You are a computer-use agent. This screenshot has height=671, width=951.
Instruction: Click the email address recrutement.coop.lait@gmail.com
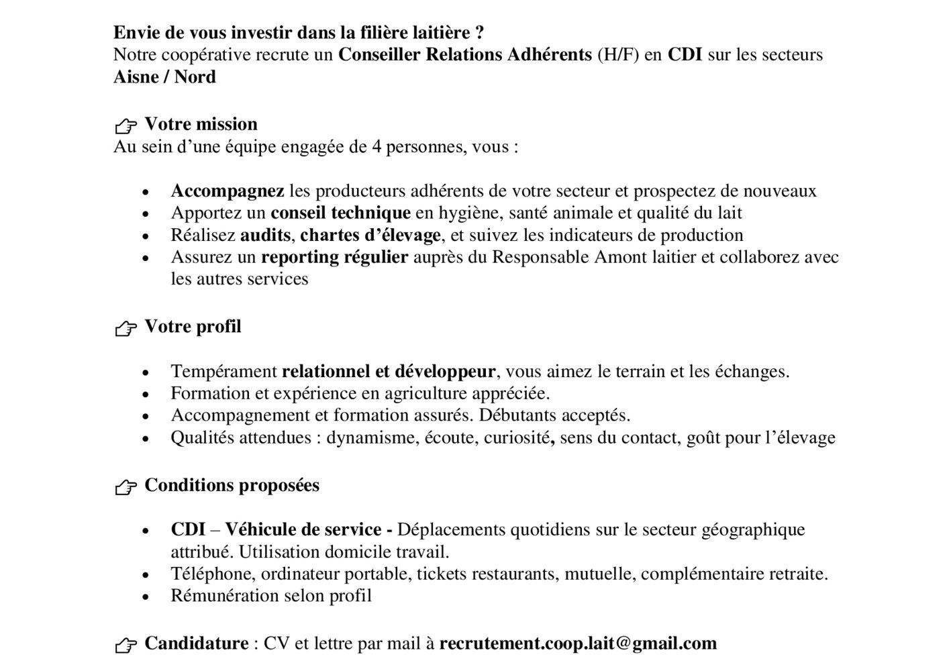tap(578, 643)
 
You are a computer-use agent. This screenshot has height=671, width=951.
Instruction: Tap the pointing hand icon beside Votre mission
tap(126, 125)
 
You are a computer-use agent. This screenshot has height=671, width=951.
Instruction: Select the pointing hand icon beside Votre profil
tap(126, 328)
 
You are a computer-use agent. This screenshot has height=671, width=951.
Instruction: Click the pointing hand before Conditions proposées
tap(126, 487)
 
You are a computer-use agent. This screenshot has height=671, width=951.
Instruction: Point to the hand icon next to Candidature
tap(126, 646)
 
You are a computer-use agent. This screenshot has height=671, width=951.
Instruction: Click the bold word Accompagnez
tap(228, 191)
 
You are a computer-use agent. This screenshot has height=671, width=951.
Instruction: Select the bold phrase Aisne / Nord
tap(164, 77)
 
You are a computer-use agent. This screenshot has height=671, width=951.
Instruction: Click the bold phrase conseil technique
tap(340, 213)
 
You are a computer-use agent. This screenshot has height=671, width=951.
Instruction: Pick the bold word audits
tap(265, 236)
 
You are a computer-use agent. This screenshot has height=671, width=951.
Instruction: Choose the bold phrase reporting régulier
tap(334, 257)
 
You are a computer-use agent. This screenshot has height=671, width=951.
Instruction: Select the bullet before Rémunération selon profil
tap(146, 597)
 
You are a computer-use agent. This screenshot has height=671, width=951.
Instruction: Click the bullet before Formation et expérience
tap(146, 394)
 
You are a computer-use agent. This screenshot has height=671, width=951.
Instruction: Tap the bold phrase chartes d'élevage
tap(370, 236)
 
